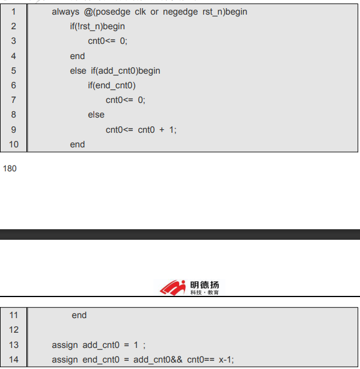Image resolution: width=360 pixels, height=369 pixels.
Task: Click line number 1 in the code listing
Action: click(x=13, y=12)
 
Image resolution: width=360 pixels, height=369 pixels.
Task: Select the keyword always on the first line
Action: click(x=64, y=12)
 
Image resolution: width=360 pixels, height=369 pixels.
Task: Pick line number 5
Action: click(x=13, y=71)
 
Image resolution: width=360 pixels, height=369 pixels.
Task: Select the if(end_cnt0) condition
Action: click(x=112, y=85)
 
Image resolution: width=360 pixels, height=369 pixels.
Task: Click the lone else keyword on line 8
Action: click(x=96, y=115)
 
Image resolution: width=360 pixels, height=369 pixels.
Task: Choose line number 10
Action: click(x=13, y=144)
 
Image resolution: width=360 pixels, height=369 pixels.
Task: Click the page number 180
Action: click(x=10, y=169)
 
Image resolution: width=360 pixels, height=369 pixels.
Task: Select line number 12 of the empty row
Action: click(x=13, y=330)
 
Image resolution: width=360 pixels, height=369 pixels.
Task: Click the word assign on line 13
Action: click(x=64, y=345)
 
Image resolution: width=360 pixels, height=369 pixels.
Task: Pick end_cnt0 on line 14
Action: click(x=100, y=360)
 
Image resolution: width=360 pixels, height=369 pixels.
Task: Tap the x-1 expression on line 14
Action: click(x=225, y=360)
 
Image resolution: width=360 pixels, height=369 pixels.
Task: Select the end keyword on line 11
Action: click(x=79, y=315)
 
